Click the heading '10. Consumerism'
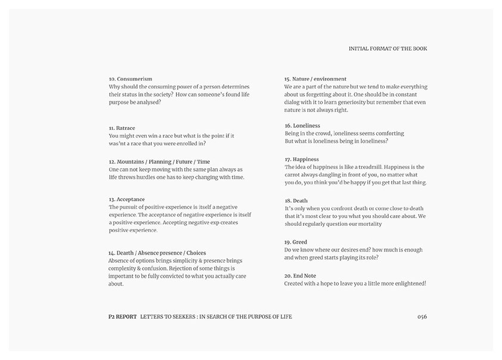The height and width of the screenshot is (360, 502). [130, 79]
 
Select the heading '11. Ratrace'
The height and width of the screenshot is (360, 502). [122, 128]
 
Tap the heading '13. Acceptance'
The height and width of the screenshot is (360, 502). [126, 199]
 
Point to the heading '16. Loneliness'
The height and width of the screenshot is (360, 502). [302, 126]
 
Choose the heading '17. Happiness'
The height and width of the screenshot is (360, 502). [302, 159]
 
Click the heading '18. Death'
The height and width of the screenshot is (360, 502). [296, 201]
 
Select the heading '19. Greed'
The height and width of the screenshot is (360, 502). [296, 242]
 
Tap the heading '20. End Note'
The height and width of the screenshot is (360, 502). [300, 275]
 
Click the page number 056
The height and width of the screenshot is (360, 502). [422, 316]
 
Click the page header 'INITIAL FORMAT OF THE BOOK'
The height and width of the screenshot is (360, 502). [388, 49]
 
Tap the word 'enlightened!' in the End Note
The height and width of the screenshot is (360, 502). [410, 283]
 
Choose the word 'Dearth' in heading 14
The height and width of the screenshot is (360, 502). [126, 253]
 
